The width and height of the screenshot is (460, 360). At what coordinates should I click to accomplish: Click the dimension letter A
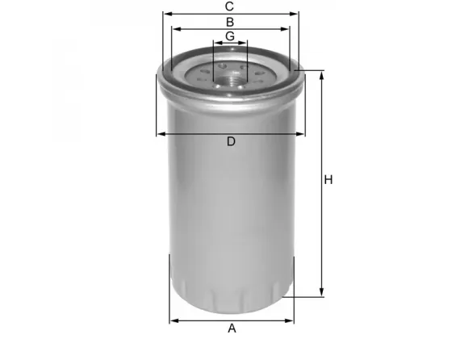point(232,328)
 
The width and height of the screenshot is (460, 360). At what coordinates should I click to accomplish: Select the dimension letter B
point(230,22)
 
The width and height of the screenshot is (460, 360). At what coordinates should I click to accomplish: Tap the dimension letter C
point(230,6)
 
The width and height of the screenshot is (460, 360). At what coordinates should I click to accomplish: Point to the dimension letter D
point(231,142)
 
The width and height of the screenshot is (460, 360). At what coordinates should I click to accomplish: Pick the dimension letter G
point(230,36)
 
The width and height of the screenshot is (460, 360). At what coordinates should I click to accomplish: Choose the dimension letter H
point(328,180)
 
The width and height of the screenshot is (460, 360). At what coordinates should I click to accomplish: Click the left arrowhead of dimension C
point(165,15)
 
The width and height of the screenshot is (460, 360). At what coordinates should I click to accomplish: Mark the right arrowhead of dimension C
point(295,15)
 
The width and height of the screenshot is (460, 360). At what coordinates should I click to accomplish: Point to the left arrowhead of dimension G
point(216,44)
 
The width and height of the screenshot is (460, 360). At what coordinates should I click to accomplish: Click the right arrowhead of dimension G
point(245,44)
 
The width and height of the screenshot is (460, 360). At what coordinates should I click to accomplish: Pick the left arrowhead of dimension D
point(160,134)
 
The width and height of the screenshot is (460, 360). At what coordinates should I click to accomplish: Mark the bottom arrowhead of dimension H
point(322,294)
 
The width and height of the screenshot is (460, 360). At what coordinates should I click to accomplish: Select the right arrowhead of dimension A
point(291,320)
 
